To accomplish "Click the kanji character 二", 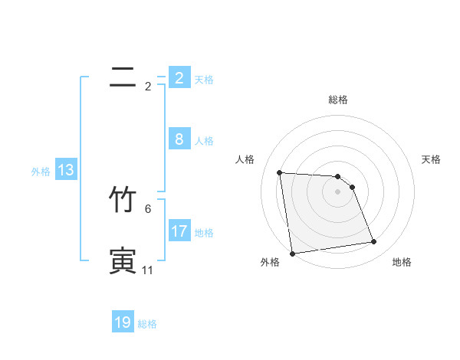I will tap(123, 77).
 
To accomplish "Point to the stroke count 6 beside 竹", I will tap(148, 208).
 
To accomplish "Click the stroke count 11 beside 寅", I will tap(147, 270).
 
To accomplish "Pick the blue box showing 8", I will tap(179, 139).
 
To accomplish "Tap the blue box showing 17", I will tap(179, 231).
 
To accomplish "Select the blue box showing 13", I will tap(66, 170).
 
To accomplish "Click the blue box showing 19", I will tap(123, 322).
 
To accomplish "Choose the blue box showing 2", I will tap(179, 78).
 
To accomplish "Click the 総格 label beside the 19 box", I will tap(147, 324).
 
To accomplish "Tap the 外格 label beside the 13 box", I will tap(41, 172).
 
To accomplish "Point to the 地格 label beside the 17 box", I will tap(204, 233).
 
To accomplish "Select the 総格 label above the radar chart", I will tap(338, 100).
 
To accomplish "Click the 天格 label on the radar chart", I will tap(432, 159).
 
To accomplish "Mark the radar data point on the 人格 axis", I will tap(280, 172).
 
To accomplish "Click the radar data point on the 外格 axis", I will tap(292, 254).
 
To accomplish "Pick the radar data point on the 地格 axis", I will tap(374, 242).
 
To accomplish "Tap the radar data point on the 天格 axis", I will tap(352, 187).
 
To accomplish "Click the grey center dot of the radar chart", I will tap(338, 191).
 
